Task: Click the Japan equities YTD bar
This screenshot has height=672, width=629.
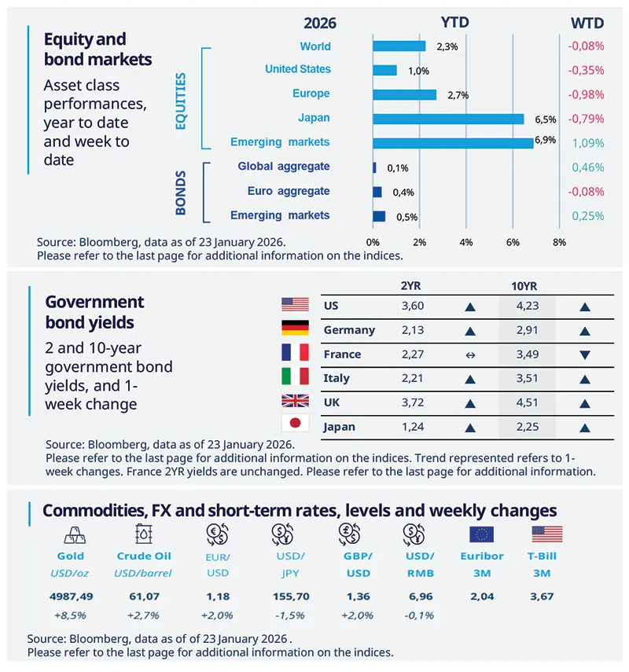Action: pyautogui.click(x=448, y=119)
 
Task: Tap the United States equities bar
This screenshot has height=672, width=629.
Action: pyautogui.click(x=384, y=70)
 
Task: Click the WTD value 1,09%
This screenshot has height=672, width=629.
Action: pyautogui.click(x=587, y=143)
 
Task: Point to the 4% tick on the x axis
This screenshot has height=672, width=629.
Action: pyautogui.click(x=466, y=241)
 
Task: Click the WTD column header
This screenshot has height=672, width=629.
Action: pyautogui.click(x=587, y=24)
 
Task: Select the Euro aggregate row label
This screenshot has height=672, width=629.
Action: pyautogui.click(x=289, y=191)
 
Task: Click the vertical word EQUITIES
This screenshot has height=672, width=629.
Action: pyautogui.click(x=180, y=101)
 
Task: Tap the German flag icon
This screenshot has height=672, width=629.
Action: pyautogui.click(x=295, y=329)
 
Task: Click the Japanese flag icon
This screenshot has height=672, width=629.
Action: pyautogui.click(x=295, y=425)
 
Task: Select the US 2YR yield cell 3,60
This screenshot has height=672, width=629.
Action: pyautogui.click(x=412, y=307)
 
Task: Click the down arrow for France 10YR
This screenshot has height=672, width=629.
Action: pyautogui.click(x=584, y=355)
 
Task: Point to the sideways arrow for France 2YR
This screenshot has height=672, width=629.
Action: pyautogui.click(x=470, y=355)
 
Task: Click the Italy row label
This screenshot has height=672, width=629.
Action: pyautogui.click(x=337, y=379)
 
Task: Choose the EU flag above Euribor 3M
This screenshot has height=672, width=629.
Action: pyautogui.click(x=481, y=534)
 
